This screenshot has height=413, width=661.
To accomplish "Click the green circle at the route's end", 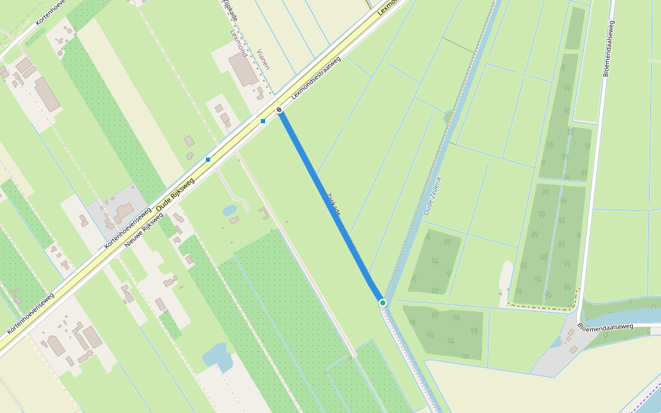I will pos(382,302).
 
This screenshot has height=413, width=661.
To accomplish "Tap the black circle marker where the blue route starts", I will pos(280,109).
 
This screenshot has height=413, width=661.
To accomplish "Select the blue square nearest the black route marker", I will pos(263,121).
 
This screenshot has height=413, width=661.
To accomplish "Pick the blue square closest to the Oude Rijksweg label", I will pos(208,160).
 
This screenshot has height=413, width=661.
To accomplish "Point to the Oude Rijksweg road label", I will pos(176,195).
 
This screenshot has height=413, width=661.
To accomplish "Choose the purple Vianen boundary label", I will pos(263,60).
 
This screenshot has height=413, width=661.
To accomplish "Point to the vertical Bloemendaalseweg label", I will pos(608,48).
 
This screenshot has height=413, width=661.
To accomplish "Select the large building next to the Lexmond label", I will pos(243,69).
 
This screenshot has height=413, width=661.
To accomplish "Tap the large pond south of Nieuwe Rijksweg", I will pos(218,356).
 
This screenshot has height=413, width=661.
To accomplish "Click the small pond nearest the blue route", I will pos(229,209).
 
